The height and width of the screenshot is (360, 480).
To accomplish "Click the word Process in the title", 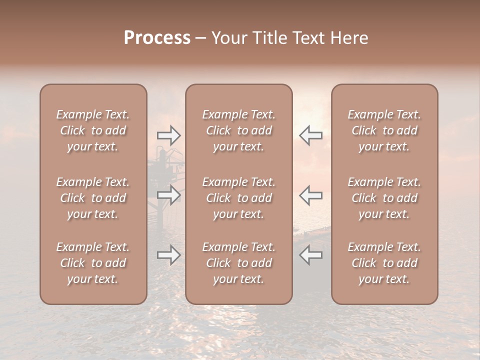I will pyautogui.click(x=157, y=38).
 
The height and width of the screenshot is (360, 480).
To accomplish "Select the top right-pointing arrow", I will pyautogui.click(x=169, y=135).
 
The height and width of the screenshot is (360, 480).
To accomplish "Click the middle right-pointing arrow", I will pyautogui.click(x=169, y=195).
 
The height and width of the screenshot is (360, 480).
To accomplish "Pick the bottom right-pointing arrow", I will pyautogui.click(x=169, y=255).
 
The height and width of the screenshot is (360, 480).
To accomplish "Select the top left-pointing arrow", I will pyautogui.click(x=311, y=135).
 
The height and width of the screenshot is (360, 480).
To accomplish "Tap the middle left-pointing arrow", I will pyautogui.click(x=311, y=195).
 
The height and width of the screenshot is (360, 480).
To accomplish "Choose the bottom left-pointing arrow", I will pyautogui.click(x=311, y=255).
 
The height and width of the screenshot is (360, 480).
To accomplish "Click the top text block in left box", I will pyautogui.click(x=93, y=130).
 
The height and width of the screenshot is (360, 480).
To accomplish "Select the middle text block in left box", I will pyautogui.click(x=93, y=198).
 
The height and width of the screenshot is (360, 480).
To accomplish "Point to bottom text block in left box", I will pyautogui.click(x=93, y=263).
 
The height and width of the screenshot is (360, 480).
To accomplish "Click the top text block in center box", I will pyautogui.click(x=238, y=130).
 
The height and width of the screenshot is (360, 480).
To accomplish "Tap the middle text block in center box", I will pyautogui.click(x=238, y=198).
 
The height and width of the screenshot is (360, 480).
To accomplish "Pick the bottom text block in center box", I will pyautogui.click(x=238, y=263).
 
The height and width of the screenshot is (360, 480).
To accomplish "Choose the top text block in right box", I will pyautogui.click(x=384, y=130).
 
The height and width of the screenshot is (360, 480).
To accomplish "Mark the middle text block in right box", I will pyautogui.click(x=384, y=198).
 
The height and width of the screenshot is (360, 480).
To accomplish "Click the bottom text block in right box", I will pyautogui.click(x=384, y=263).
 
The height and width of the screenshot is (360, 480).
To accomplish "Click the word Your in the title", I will pyautogui.click(x=228, y=38).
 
